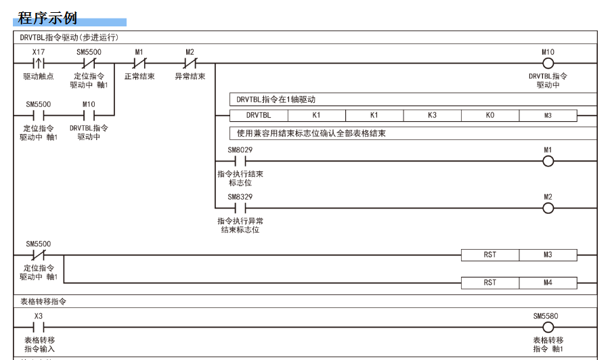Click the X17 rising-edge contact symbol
pos(39,63)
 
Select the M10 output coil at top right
pos(548,63)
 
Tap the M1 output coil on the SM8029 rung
pos(548,161)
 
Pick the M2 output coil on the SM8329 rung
pos(548,208)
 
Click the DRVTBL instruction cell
pos(259,116)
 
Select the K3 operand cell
pos(432,116)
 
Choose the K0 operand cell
pos(490,116)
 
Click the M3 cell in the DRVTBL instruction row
pos(548,116)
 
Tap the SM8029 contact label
pos(240,150)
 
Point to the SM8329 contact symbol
pos(240,208)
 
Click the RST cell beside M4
pos(490,283)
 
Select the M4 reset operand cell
pos(548,283)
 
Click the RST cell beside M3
pos(490,255)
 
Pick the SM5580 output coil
pos(548,328)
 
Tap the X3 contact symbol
pos(39,328)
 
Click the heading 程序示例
pos(47,18)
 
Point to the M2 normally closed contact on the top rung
pos(190,63)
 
